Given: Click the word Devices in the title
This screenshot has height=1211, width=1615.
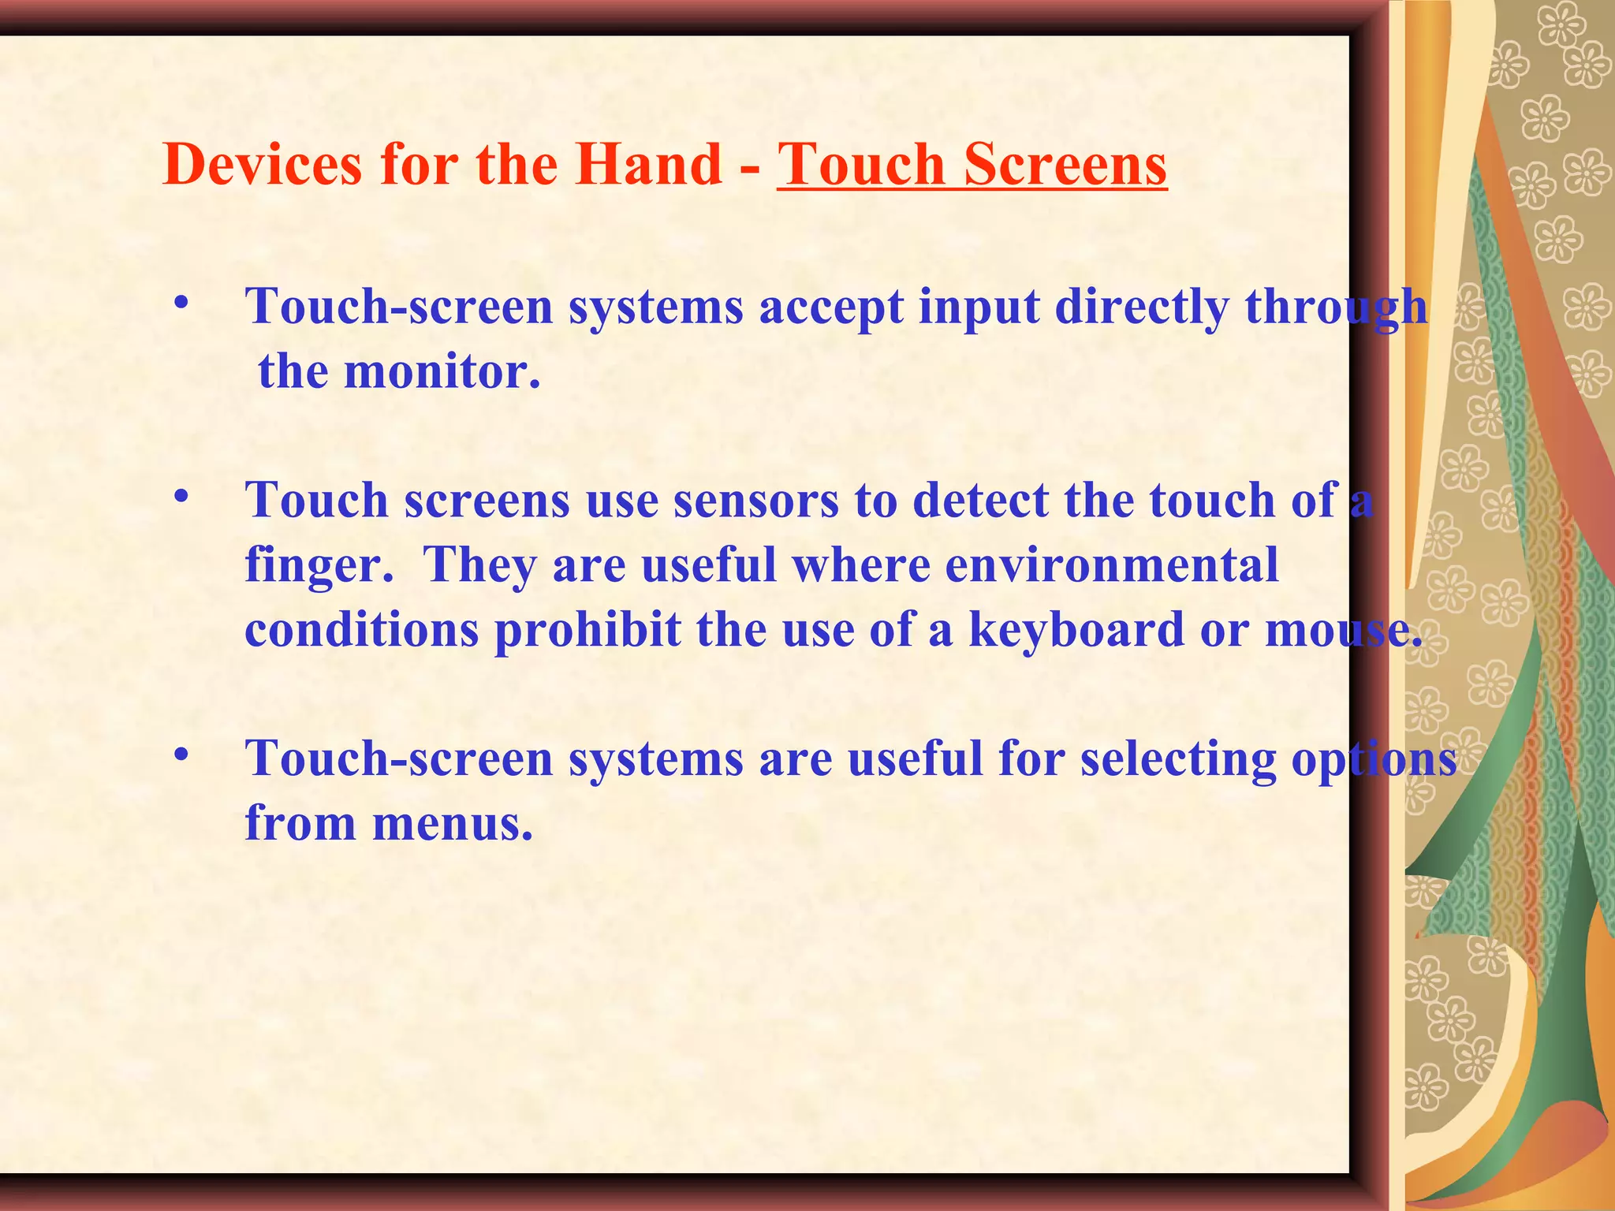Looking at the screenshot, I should click(263, 165).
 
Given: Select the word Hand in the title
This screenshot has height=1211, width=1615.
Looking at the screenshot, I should click(647, 165).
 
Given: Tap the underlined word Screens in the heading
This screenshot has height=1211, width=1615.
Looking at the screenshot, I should click(1065, 165).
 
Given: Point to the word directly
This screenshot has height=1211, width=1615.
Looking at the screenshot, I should click(1141, 307).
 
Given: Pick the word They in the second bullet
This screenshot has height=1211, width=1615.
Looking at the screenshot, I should click(480, 566).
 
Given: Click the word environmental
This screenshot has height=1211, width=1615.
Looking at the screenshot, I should click(1111, 566).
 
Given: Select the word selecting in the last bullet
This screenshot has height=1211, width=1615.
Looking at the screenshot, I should click(1177, 761).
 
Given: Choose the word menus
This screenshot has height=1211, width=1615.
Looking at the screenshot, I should click(452, 825).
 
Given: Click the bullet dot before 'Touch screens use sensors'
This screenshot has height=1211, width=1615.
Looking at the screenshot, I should click(182, 497).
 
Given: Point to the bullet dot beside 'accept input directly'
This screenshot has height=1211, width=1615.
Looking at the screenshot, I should click(182, 303).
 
